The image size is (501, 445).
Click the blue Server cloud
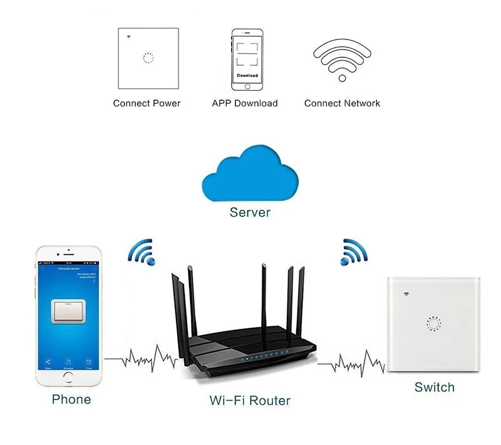250,175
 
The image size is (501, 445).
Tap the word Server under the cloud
250,212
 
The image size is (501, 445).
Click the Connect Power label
147,103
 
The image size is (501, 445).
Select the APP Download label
245,103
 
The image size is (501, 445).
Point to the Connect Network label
342,103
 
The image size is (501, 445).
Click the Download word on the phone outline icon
247,75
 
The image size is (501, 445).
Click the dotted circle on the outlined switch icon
148,58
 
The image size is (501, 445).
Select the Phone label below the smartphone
71,399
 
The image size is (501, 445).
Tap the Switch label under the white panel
434,387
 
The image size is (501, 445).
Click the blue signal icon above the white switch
354,251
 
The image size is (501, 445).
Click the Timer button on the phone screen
90,364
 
